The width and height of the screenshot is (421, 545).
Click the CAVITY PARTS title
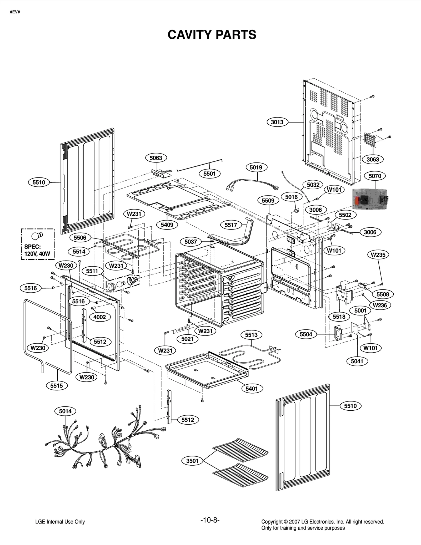[212, 35]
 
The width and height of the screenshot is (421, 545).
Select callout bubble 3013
[277, 122]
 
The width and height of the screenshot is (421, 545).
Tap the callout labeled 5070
[375, 176]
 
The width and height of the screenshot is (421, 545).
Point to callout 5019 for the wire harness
[256, 167]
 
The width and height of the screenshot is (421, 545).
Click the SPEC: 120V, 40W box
[38, 244]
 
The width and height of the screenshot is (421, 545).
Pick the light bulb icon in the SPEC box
[37, 236]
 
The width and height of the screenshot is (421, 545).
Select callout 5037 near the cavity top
[191, 242]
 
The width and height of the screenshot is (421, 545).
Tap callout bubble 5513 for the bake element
[251, 335]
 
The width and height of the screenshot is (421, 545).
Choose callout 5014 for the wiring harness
[65, 411]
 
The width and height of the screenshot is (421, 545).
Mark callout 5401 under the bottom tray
[252, 389]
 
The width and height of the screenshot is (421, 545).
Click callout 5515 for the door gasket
[57, 386]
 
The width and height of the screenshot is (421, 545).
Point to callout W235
[378, 254]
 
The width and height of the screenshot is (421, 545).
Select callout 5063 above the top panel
[156, 158]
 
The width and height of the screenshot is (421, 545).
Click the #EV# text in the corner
[15, 12]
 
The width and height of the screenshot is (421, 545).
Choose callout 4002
[99, 317]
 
